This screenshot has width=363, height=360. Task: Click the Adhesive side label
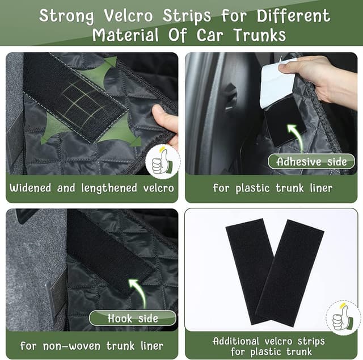click(311, 161)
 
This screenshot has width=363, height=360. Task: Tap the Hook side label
click(133, 318)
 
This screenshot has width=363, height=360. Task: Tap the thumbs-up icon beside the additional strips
click(343, 318)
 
